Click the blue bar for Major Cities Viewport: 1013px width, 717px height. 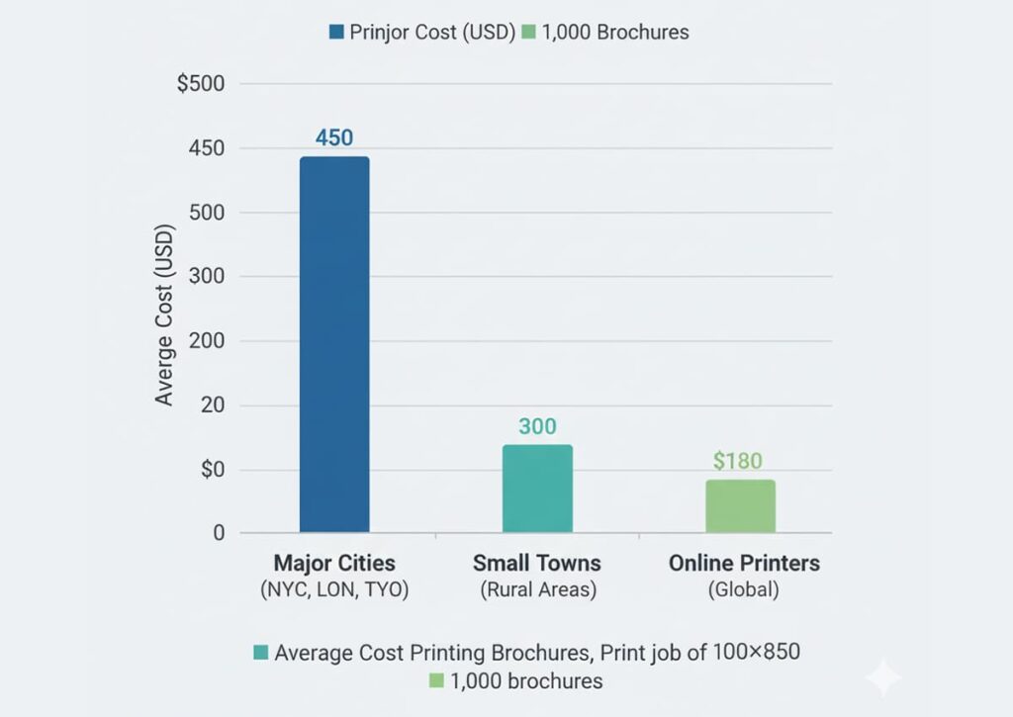334,344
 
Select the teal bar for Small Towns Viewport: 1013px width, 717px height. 537,489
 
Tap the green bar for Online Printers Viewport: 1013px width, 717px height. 740,506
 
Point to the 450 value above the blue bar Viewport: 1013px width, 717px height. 334,137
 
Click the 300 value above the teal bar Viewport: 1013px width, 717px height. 537,427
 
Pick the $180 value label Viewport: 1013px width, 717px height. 738,461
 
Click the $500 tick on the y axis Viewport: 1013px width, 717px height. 201,84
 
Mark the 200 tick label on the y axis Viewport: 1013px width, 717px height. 207,341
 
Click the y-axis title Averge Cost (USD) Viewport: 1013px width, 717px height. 164,315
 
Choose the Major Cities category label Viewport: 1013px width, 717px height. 334,564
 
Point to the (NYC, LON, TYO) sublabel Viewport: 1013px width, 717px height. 334,590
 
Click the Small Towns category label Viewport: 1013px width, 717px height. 537,564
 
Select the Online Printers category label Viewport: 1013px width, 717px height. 744,564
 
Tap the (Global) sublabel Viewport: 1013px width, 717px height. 743,590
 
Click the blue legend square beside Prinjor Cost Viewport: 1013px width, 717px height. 336,33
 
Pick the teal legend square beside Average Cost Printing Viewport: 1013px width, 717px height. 261,653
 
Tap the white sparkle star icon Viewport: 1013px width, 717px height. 882,679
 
